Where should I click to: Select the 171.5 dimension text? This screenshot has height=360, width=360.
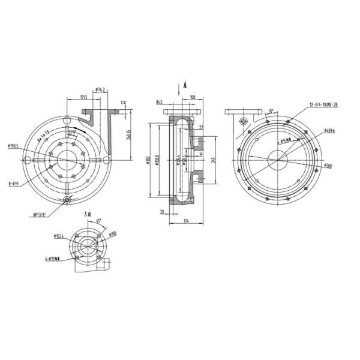(83, 97)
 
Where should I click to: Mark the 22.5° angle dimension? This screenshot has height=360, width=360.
(72, 133)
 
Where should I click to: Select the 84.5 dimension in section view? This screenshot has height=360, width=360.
(159, 102)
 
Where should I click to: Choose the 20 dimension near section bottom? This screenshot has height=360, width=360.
(163, 211)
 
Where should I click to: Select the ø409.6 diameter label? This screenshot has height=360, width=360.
(328, 130)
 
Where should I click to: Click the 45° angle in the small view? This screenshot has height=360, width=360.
(100, 220)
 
